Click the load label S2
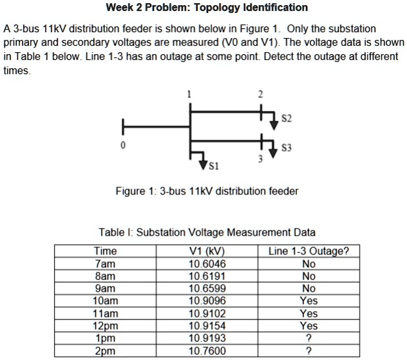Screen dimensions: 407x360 pos(287,120)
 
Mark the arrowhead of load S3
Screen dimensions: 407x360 pos(273,153)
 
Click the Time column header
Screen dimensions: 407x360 pos(105,251)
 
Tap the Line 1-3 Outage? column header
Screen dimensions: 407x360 pos(308,251)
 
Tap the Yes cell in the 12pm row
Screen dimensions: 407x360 pos(308,325)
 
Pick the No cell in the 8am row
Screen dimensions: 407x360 pos(308,276)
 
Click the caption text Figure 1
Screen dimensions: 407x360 pos(132,191)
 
